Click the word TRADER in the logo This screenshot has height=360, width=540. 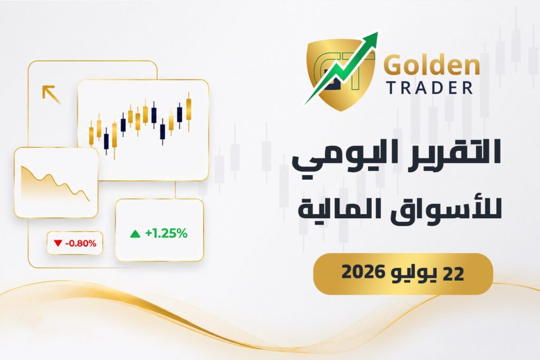[x=430, y=88]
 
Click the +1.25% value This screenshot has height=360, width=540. [x=166, y=233]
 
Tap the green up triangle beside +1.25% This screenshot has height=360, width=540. [x=135, y=234]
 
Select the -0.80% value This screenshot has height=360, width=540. [x=81, y=244]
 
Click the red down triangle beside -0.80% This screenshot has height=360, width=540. [x=57, y=244]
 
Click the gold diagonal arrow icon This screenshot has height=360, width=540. [x=51, y=94]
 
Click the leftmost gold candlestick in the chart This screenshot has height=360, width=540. [x=91, y=135]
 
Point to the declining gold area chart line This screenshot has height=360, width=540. [x=55, y=182]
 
